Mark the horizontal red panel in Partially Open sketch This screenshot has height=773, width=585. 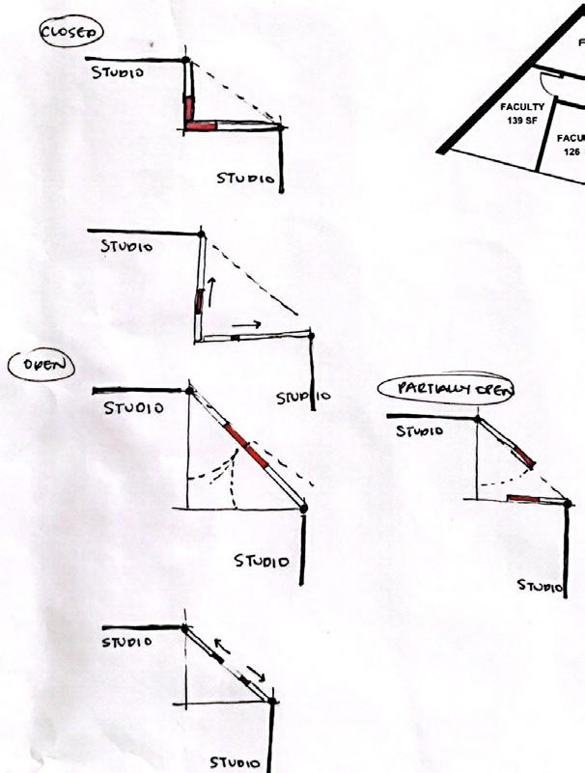coord(522,498)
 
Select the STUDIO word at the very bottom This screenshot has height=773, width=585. coord(235,762)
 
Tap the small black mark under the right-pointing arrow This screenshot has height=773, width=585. coord(235,338)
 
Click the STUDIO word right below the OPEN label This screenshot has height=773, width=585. coord(133,408)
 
